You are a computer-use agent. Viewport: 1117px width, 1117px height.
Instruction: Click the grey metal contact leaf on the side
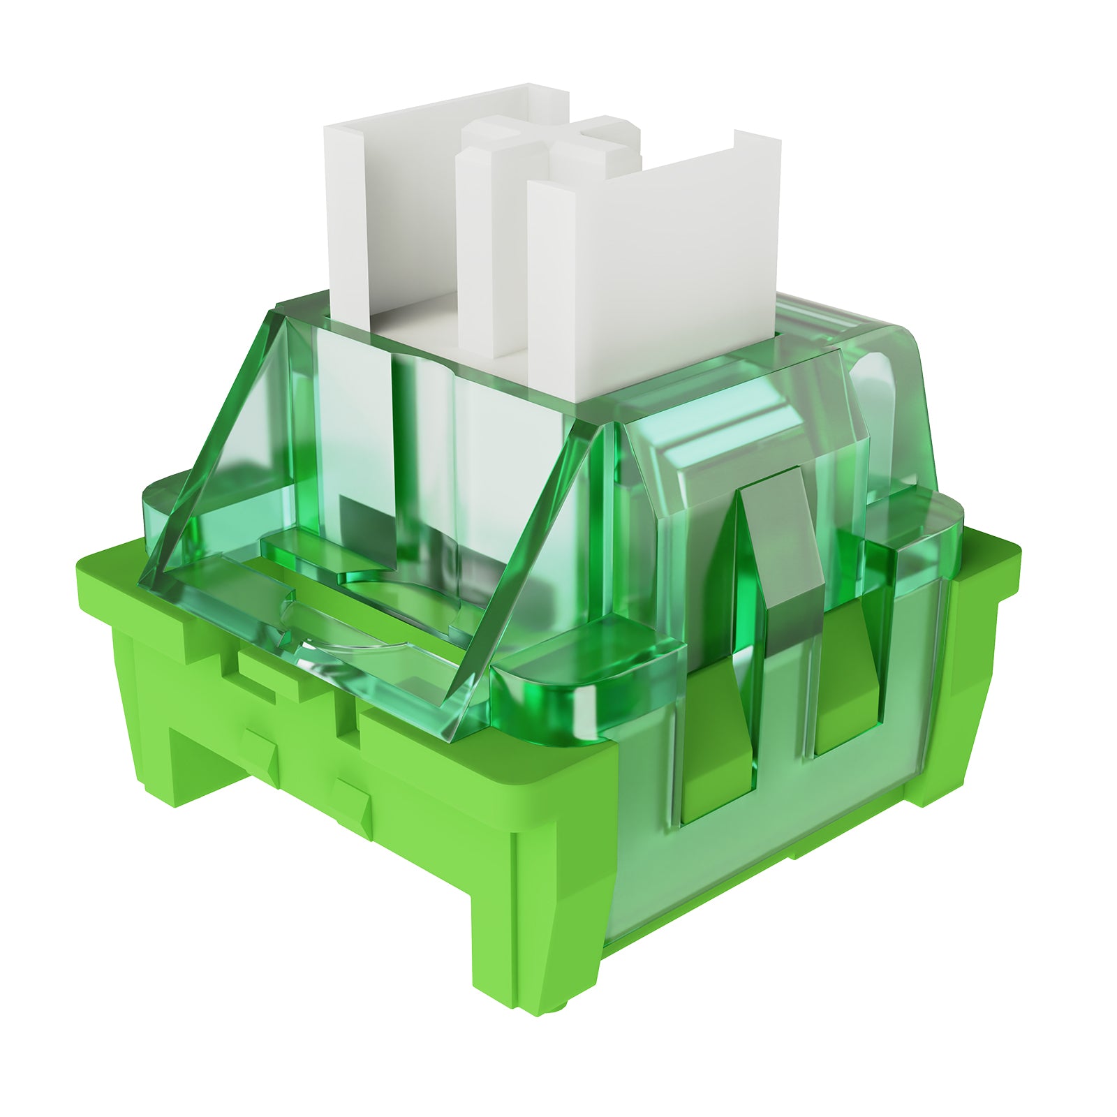point(785,558)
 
